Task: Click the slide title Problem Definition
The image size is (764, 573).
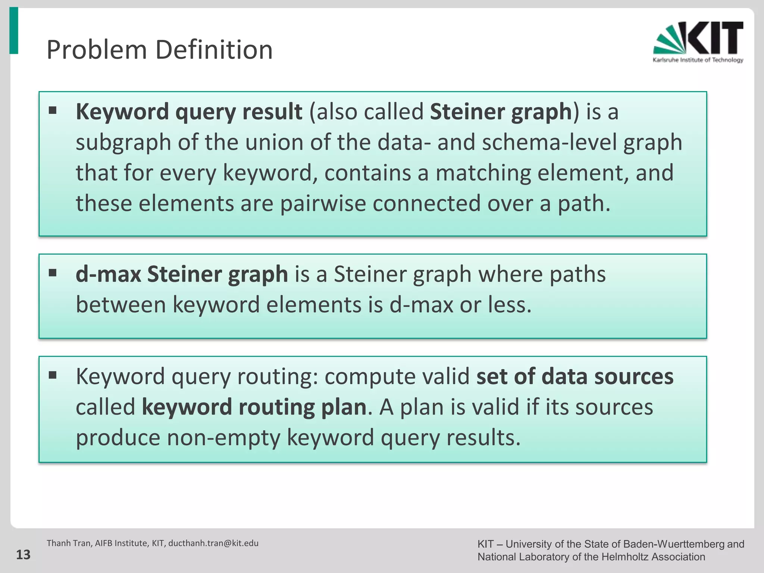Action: [159, 50]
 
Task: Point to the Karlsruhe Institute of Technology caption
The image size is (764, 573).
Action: [698, 60]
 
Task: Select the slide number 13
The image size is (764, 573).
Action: [23, 555]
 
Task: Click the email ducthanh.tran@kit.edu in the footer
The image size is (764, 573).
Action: [213, 543]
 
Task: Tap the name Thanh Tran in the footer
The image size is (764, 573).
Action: [68, 543]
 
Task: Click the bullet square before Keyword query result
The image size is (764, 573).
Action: [53, 110]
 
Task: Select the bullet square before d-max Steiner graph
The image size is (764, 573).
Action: [53, 273]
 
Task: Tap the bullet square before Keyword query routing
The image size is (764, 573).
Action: [53, 375]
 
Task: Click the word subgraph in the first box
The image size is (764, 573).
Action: [123, 143]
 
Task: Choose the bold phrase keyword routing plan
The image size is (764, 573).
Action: [254, 407]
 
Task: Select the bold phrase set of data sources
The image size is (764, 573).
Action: [574, 376]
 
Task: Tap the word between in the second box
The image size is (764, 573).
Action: [120, 304]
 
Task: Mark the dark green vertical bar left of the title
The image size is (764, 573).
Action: [13, 31]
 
